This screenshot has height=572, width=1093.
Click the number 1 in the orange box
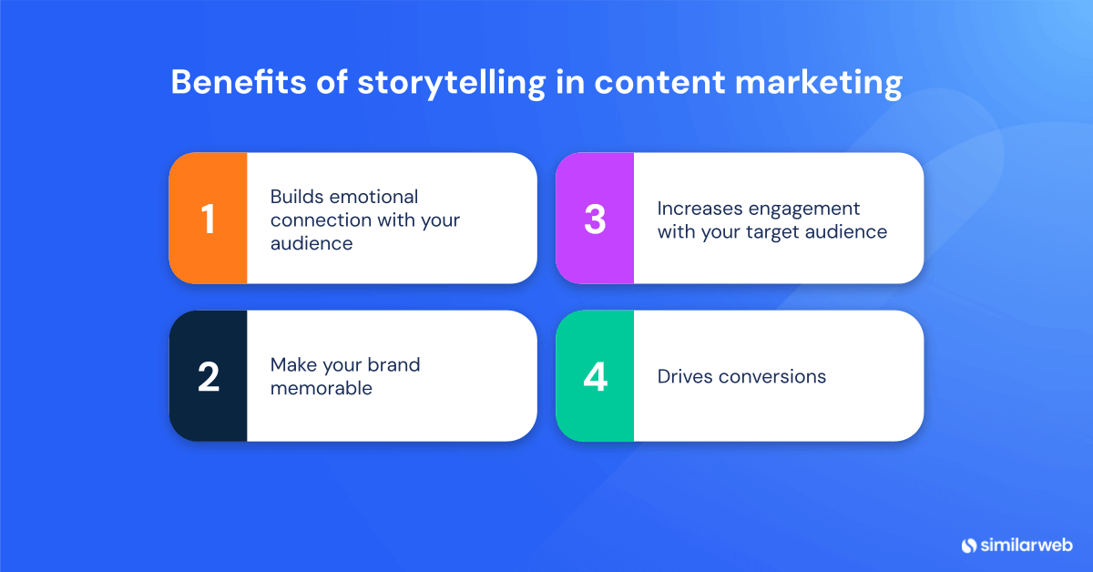[x=208, y=219]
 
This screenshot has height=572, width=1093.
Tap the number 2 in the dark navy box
[x=208, y=376]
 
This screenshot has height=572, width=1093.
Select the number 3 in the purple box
[x=595, y=219]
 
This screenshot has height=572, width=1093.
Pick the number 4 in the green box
[x=595, y=376]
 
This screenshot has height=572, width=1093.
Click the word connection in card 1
[x=322, y=220]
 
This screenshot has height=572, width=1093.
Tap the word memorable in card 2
[x=322, y=388]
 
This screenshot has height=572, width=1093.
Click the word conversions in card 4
[x=775, y=376]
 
